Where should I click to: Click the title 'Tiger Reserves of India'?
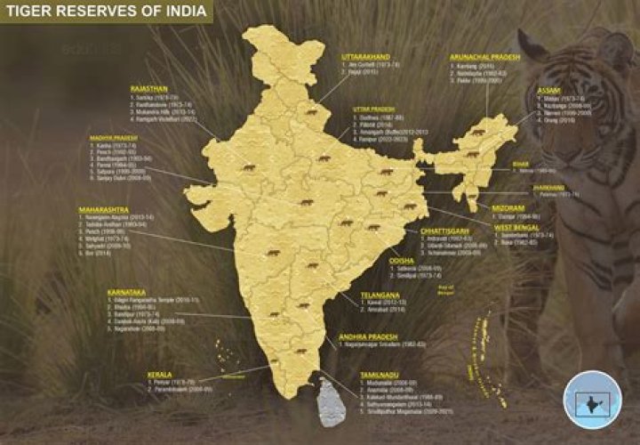pos(105,12)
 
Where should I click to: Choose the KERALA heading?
pos(135,376)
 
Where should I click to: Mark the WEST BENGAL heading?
pos(518,228)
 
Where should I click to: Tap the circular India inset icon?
pos(592,398)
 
